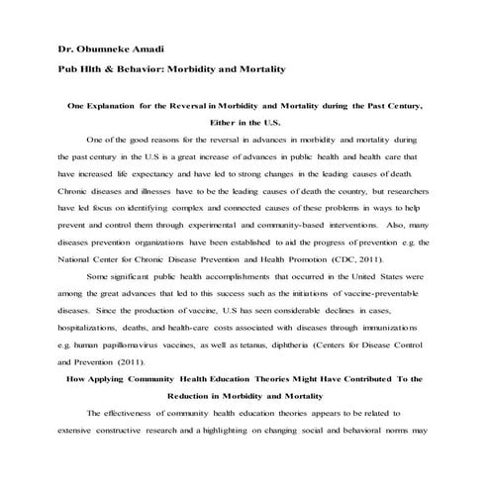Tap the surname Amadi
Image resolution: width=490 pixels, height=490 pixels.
click(x=153, y=49)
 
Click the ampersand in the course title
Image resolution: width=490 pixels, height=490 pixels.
click(x=120, y=69)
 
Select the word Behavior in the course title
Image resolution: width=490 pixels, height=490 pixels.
click(x=154, y=69)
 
